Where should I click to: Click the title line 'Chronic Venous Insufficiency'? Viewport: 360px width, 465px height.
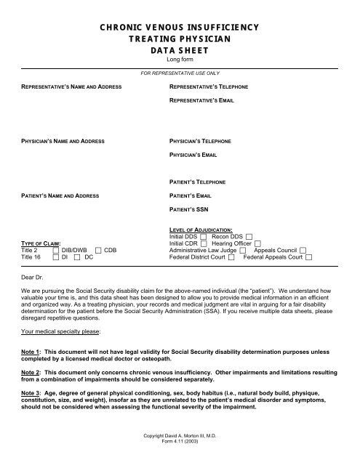click(180, 27)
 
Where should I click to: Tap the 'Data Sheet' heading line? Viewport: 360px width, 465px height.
click(180, 51)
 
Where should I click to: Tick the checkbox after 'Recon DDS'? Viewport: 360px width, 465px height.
click(249, 237)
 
